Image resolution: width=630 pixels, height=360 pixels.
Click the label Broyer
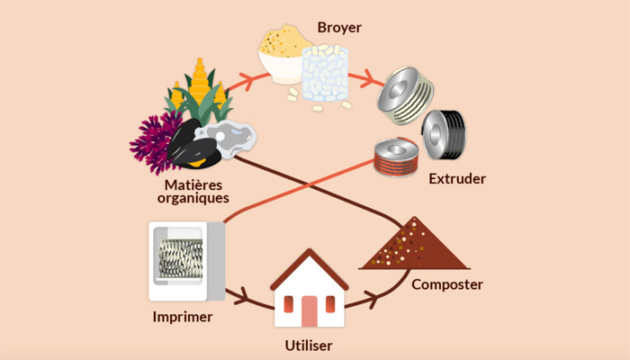click(339, 28)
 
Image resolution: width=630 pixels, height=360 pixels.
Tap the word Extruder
click(457, 178)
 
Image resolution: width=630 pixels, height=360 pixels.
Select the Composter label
click(446, 285)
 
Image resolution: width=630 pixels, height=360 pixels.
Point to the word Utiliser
click(309, 346)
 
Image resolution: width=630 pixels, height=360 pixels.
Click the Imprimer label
click(183, 317)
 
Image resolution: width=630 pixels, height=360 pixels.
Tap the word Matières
click(193, 184)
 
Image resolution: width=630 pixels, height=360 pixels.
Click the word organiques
click(193, 198)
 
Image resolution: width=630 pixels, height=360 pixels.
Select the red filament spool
click(396, 157)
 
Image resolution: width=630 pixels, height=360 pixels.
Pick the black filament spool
click(444, 135)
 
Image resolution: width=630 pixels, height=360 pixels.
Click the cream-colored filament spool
click(405, 95)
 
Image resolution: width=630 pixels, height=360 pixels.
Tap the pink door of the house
click(309, 311)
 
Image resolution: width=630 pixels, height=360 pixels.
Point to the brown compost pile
click(414, 247)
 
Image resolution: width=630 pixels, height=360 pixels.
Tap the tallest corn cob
click(200, 80)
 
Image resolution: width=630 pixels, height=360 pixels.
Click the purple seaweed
click(151, 141)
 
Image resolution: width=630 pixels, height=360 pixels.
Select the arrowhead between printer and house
click(241, 297)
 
